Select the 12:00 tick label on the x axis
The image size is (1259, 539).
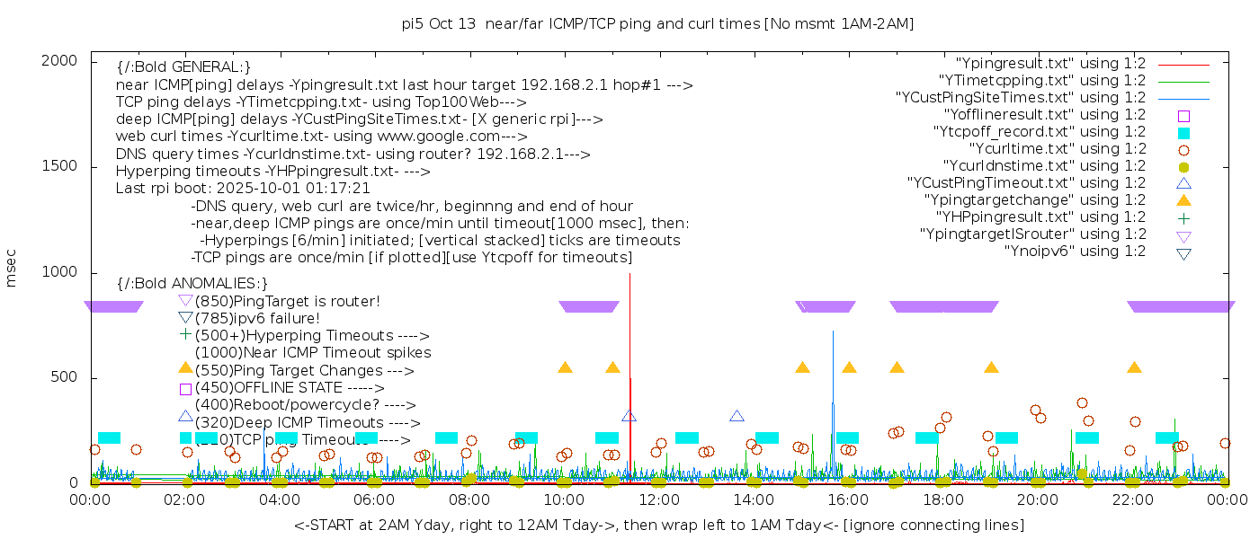659,499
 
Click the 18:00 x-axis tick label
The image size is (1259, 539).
943,499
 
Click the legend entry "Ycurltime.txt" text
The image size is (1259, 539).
1057,149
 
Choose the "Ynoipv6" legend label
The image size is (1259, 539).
1075,252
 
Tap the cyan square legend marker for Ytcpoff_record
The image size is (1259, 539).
1183,132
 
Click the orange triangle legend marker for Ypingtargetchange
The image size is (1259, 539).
1183,200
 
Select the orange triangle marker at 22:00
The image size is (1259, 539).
1134,368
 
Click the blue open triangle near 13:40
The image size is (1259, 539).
737,416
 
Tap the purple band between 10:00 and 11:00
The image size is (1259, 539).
589,306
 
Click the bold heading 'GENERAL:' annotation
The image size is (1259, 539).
183,67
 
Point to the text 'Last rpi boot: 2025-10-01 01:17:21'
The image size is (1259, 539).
243,189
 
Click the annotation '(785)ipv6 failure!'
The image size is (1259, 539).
257,318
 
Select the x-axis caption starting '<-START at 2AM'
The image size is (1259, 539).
658,525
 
